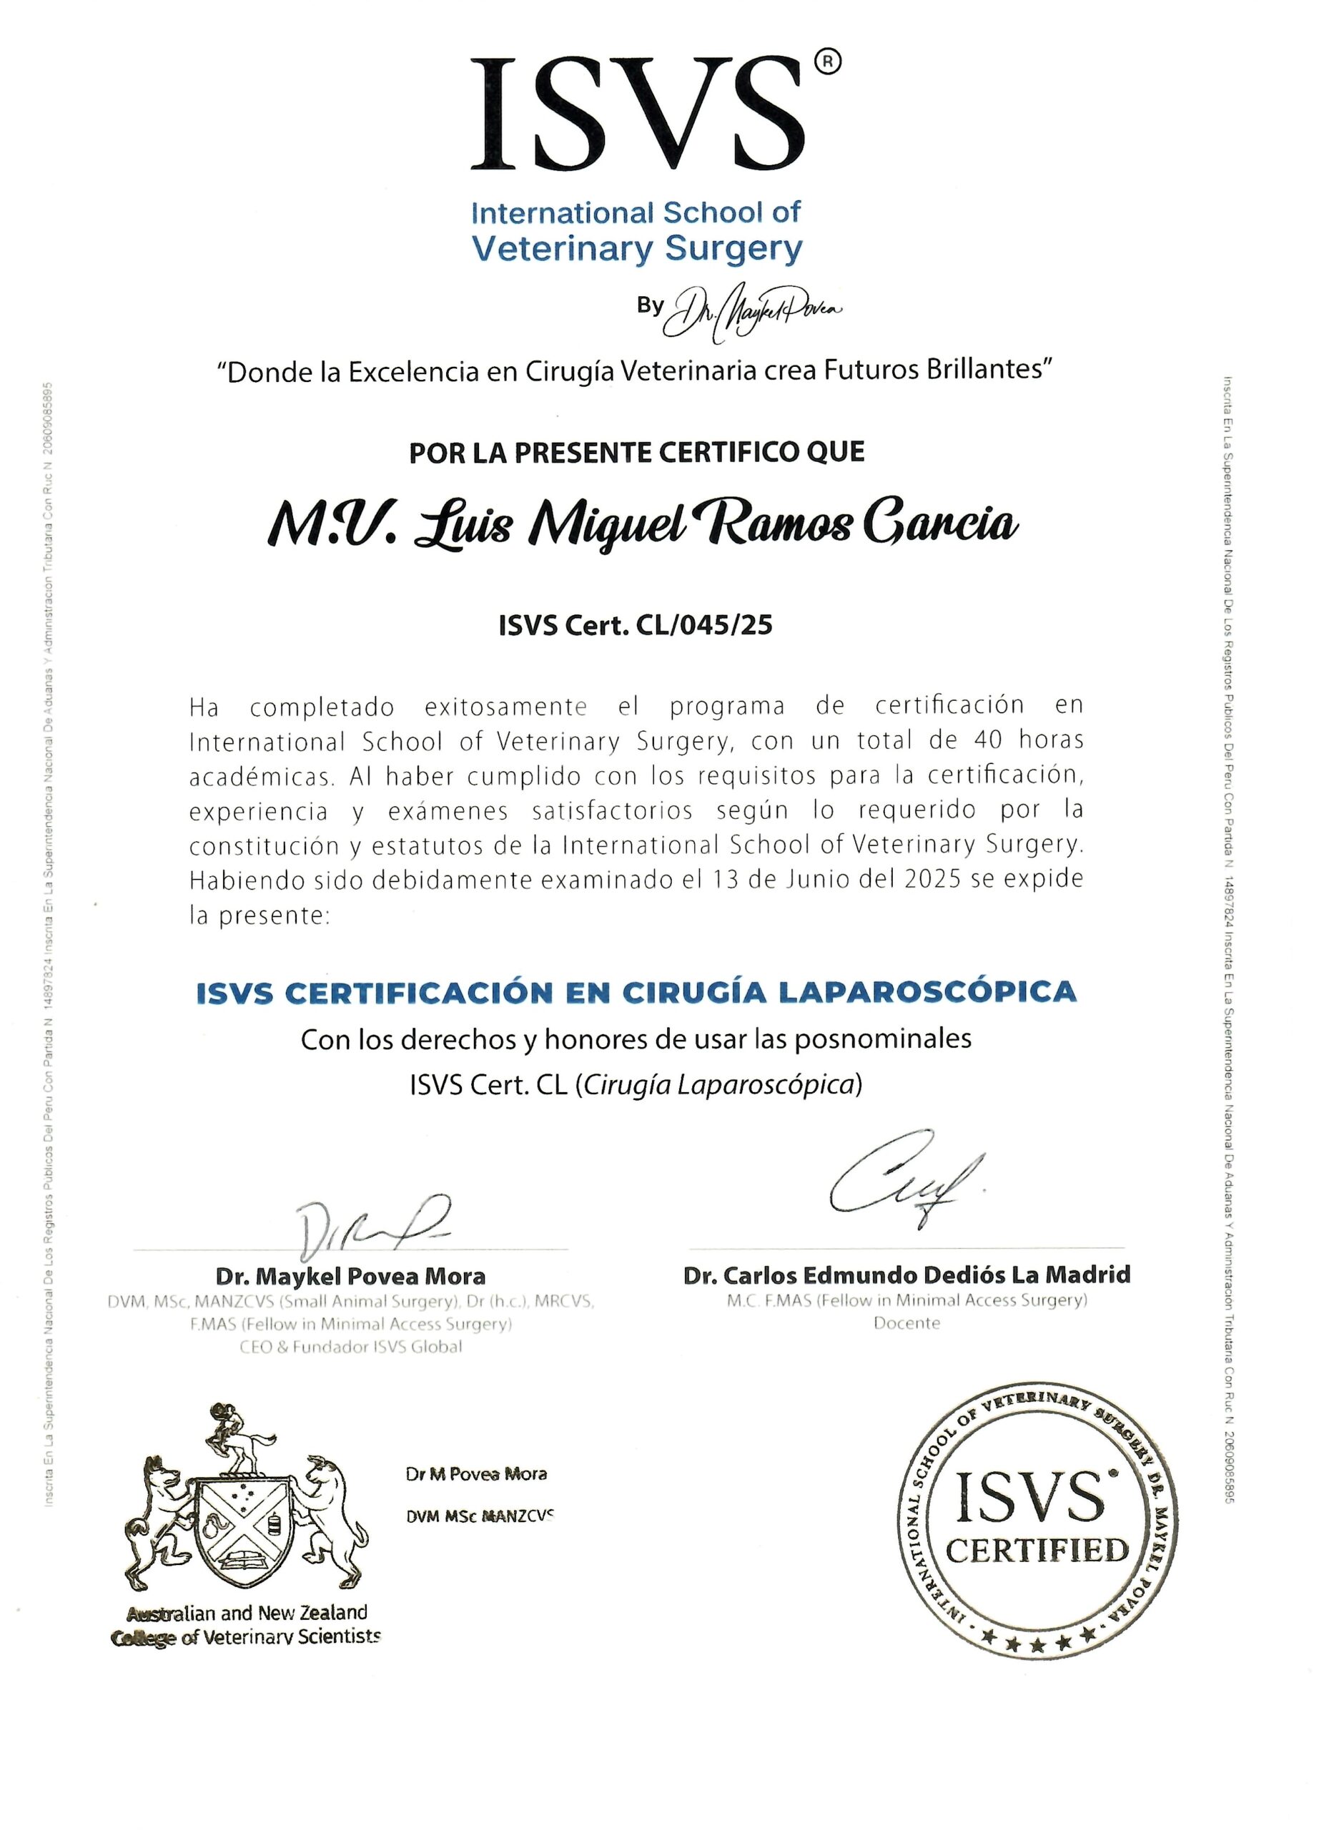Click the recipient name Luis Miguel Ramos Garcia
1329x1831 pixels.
click(x=641, y=525)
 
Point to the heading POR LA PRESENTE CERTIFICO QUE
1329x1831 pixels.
click(x=637, y=452)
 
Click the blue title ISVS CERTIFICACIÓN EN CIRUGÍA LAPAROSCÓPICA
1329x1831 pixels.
click(x=636, y=991)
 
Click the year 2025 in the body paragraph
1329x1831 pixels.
click(x=932, y=879)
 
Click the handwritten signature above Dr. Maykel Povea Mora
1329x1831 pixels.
click(x=367, y=1229)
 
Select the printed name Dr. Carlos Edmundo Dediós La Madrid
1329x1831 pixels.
click(x=906, y=1275)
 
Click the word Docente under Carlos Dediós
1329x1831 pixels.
click(x=906, y=1322)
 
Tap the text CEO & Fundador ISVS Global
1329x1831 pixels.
click(x=350, y=1347)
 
